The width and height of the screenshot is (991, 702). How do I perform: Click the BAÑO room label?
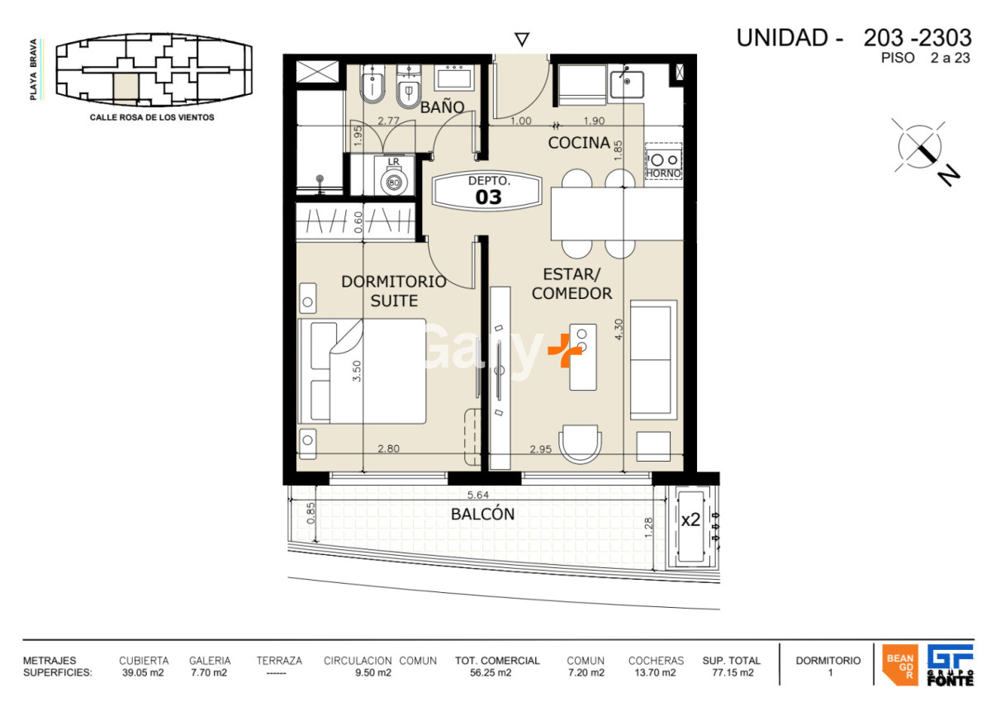(x=442, y=107)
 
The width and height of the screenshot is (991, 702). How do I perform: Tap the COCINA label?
(x=579, y=142)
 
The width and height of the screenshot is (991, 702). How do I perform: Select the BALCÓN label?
(x=482, y=514)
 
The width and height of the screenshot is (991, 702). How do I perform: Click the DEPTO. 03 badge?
(x=487, y=191)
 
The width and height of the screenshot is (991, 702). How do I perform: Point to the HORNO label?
(x=663, y=173)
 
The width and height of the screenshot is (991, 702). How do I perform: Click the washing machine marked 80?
(x=393, y=182)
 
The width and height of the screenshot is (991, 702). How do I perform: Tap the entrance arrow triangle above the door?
(x=522, y=40)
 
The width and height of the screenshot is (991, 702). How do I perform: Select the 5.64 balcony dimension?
(x=478, y=495)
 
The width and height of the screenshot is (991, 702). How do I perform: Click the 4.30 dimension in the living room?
(x=619, y=329)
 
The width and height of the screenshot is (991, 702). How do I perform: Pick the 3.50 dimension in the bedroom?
(x=357, y=371)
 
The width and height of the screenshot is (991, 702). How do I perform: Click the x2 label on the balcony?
(x=690, y=519)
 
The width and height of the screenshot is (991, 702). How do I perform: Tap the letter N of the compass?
(x=949, y=176)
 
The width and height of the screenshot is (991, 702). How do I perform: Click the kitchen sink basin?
(x=627, y=84)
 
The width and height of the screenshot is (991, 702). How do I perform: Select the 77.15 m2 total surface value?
(x=733, y=673)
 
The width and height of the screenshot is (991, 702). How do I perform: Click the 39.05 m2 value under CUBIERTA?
(x=143, y=673)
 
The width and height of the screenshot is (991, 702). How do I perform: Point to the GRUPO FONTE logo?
(x=951, y=665)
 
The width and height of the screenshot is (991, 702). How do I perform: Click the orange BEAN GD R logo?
(x=900, y=665)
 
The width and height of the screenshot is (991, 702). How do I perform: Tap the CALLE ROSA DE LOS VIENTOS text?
(x=152, y=117)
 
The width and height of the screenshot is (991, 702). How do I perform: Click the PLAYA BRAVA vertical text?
(x=33, y=69)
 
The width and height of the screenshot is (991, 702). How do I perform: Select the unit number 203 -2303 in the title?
(x=918, y=38)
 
